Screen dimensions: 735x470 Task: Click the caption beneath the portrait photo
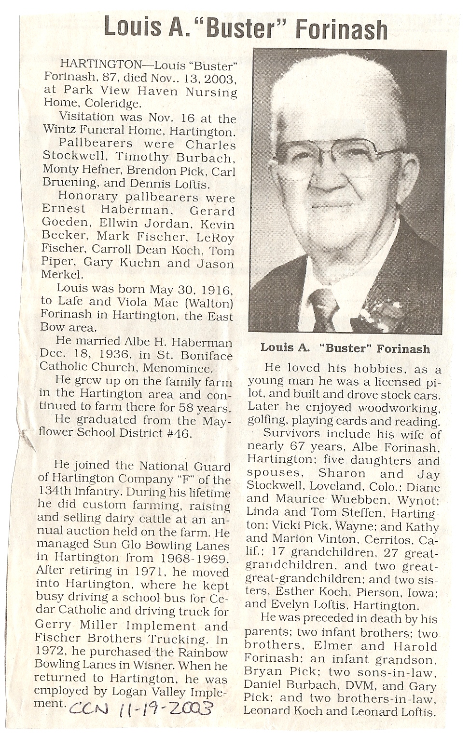(x=345, y=348)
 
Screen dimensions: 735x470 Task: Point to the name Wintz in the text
(x=60, y=130)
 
